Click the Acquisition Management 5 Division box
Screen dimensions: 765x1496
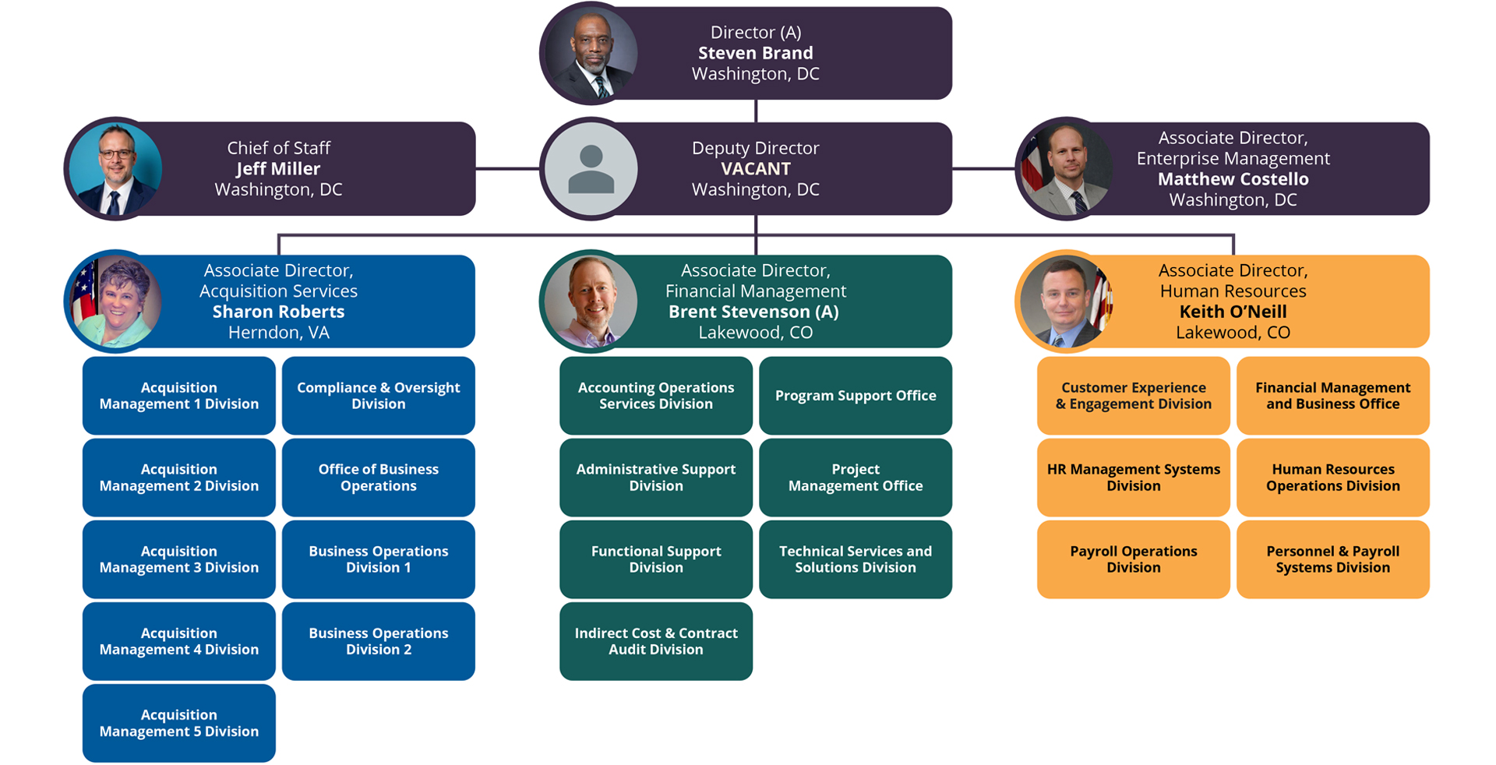(178, 723)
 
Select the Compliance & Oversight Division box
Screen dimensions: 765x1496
(378, 396)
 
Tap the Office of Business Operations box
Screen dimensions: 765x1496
(378, 478)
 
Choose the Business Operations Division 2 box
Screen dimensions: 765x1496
(378, 641)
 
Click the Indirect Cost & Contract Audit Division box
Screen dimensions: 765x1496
(655, 641)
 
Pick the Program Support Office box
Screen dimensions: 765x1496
(855, 396)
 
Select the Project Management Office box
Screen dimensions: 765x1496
(855, 478)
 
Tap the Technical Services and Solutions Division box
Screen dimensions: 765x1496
(855, 559)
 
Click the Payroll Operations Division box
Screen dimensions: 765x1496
(1133, 559)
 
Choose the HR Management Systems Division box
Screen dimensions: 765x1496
(1133, 478)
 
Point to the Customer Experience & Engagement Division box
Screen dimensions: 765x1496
(1133, 396)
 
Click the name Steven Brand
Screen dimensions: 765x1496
(755, 53)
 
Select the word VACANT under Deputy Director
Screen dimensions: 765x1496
(755, 169)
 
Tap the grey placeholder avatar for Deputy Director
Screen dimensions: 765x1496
(591, 169)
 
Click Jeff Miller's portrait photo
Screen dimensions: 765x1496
(115, 169)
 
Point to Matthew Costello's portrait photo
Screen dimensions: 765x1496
(1067, 169)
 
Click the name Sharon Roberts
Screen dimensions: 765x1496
(278, 312)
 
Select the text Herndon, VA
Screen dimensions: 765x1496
(278, 333)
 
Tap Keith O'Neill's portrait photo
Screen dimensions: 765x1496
(1067, 301)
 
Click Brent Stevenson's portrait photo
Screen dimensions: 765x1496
(591, 301)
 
